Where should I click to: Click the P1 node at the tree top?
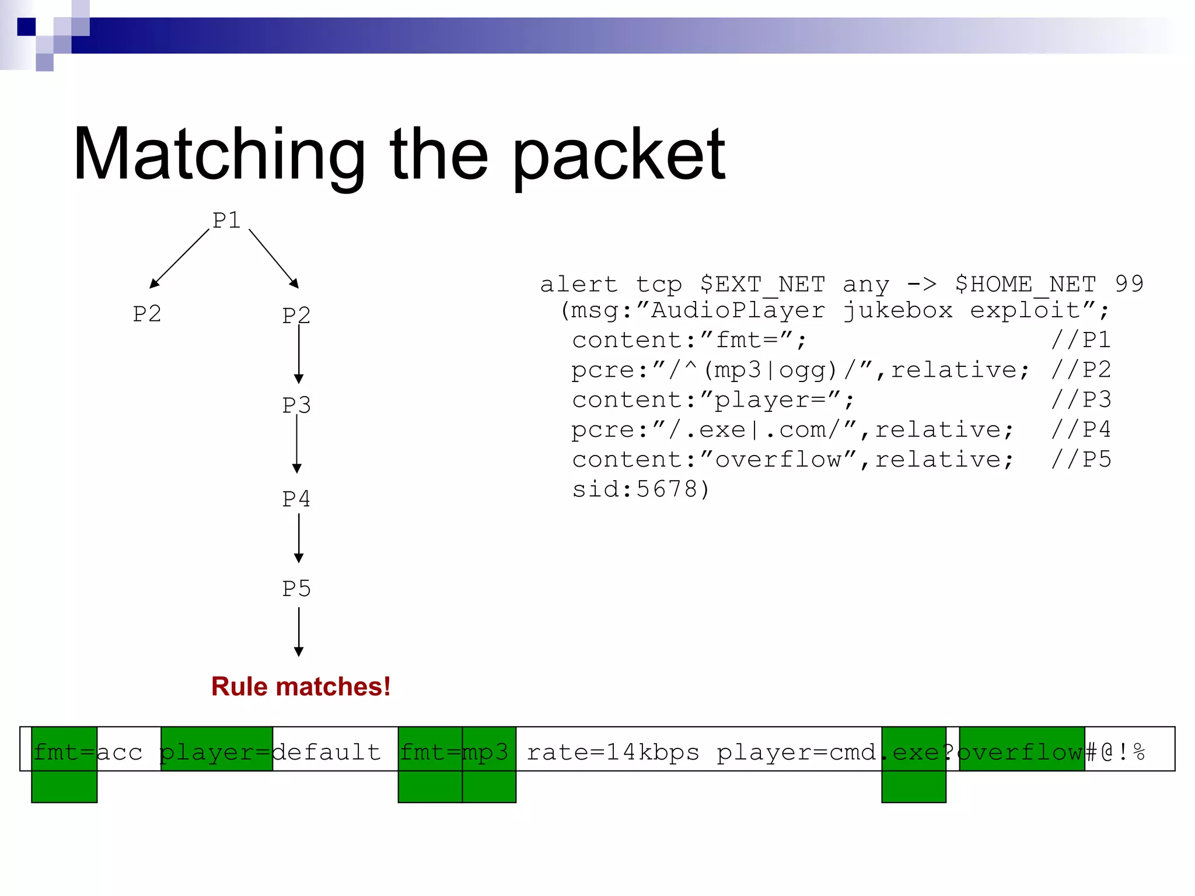coord(226,220)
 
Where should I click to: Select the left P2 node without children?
coord(146,314)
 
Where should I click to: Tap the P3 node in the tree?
coord(296,405)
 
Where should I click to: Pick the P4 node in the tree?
coord(296,499)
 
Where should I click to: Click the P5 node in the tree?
coord(296,589)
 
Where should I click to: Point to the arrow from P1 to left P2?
coord(180,258)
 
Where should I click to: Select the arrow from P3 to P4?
coord(297,444)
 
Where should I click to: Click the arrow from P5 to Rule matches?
coord(299,632)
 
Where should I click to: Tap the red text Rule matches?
coord(301,687)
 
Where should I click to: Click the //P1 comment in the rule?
coord(1081,339)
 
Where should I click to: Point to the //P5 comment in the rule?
coord(1081,459)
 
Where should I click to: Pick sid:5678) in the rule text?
coord(641,489)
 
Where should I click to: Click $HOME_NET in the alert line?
coord(1025,284)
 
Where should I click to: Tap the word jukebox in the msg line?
coord(897,310)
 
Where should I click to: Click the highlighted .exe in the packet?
coord(914,752)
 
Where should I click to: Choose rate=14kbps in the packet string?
coord(613,752)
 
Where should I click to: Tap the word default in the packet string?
coord(327,752)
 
